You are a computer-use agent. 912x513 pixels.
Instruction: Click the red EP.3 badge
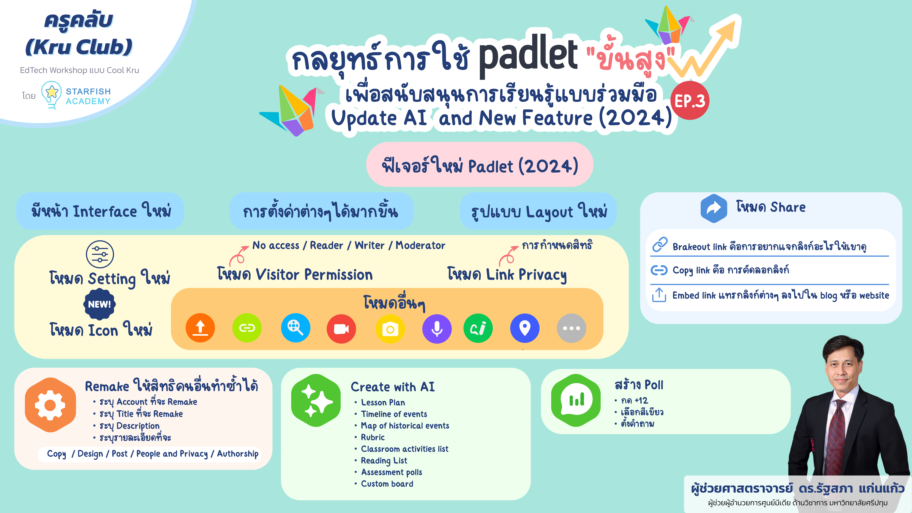[x=690, y=101]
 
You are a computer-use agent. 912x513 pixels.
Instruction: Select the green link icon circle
[x=247, y=328]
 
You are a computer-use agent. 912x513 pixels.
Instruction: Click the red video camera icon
[x=341, y=329]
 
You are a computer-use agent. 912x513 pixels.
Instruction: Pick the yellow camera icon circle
[x=390, y=329]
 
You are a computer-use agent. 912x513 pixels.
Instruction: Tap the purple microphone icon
[x=437, y=329]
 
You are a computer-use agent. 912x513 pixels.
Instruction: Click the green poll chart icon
[x=576, y=400]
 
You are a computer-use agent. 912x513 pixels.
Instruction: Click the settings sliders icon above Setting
[x=100, y=254]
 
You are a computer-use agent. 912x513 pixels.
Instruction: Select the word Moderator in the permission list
[x=420, y=245]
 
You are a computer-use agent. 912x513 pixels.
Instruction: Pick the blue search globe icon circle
[x=295, y=328]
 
